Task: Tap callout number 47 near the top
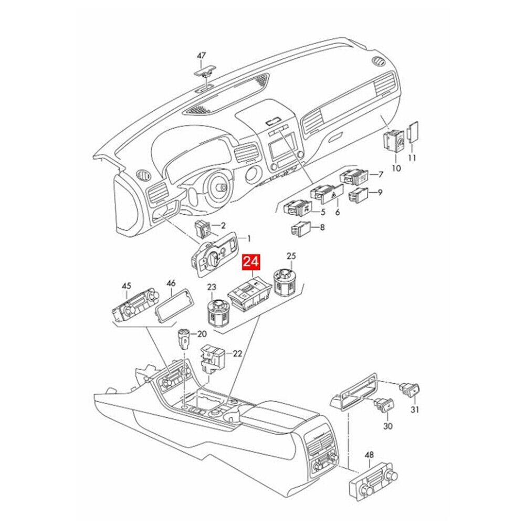[201, 56]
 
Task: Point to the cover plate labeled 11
[413, 132]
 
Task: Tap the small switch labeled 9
[358, 195]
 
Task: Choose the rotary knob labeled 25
[287, 282]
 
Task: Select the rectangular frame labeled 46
[172, 304]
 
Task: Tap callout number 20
[202, 334]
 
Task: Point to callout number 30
[388, 426]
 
